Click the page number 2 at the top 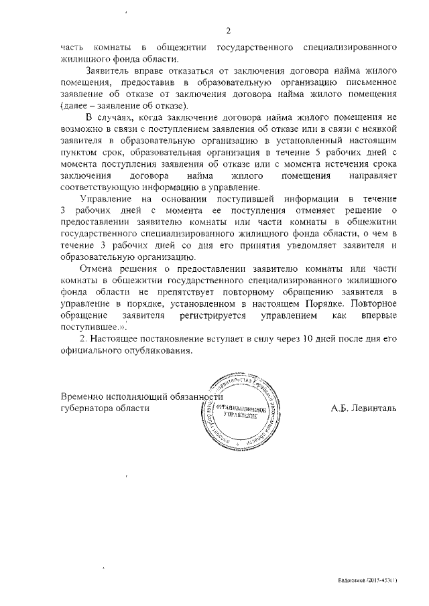click(x=228, y=31)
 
